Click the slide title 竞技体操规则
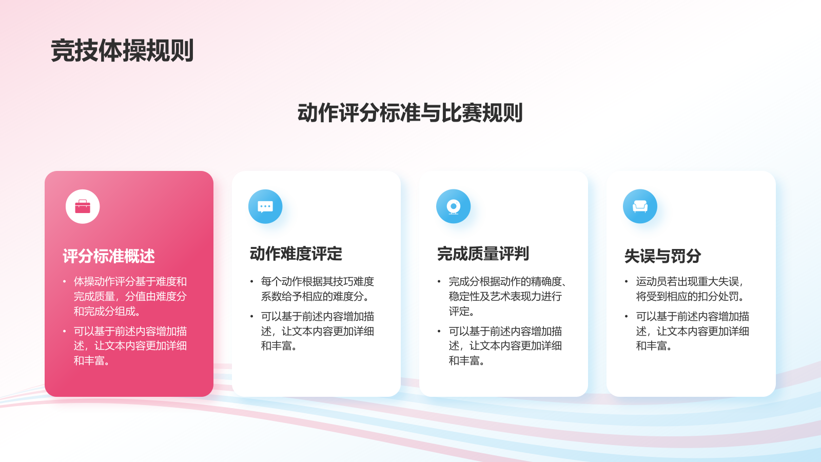(122, 50)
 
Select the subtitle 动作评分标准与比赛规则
(410, 112)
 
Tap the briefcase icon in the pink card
(83, 206)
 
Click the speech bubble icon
(265, 206)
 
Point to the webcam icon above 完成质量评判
(454, 206)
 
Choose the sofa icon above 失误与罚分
(640, 206)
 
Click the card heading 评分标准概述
(109, 256)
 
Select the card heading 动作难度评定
(296, 254)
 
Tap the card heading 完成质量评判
(483, 254)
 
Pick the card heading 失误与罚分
(662, 256)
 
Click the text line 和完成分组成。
(107, 311)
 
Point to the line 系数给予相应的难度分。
(315, 296)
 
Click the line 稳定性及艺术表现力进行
(505, 296)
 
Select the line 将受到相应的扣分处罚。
(690, 296)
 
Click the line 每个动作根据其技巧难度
(318, 282)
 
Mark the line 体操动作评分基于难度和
(130, 282)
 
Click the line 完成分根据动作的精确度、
(508, 282)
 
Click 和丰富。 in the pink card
(92, 361)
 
